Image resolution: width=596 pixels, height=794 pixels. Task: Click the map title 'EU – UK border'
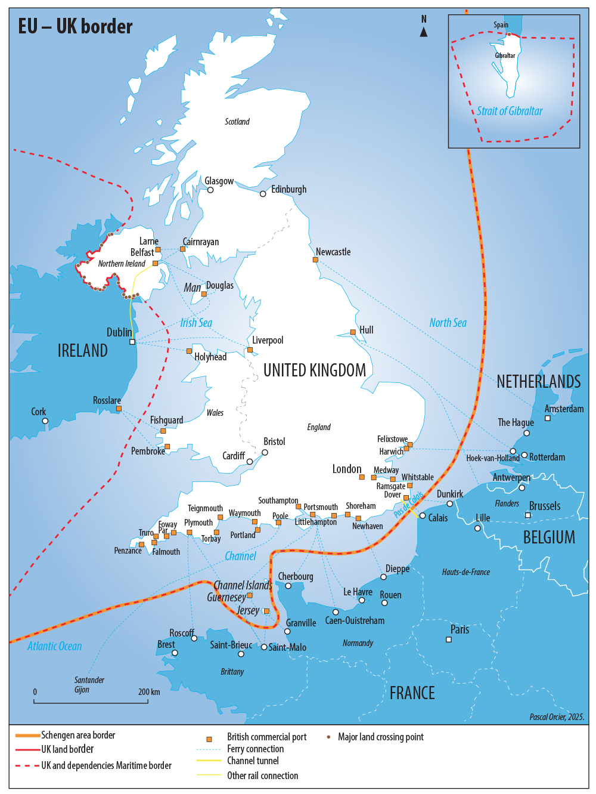click(x=75, y=26)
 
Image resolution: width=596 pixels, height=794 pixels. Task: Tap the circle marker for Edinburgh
click(x=263, y=194)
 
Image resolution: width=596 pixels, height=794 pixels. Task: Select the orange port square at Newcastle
click(x=315, y=259)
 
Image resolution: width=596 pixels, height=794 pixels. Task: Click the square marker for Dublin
click(x=132, y=342)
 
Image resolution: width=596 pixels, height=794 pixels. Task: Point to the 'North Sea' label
click(x=448, y=323)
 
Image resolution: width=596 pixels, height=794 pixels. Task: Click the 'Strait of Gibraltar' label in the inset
click(x=510, y=111)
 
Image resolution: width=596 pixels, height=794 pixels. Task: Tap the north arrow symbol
click(x=424, y=32)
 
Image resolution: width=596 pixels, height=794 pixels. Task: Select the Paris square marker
click(x=449, y=639)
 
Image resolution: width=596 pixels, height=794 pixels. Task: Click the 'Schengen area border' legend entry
click(x=77, y=735)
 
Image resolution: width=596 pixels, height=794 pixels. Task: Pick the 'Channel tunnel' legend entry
click(x=253, y=761)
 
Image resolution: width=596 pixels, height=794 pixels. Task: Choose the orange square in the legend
click(x=209, y=739)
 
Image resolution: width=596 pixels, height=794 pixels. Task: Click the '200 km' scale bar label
click(x=149, y=692)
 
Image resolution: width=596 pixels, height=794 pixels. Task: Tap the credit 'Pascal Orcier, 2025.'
click(x=557, y=717)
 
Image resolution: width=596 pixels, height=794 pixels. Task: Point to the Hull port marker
click(x=353, y=332)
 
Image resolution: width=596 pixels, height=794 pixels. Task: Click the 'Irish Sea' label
click(x=196, y=323)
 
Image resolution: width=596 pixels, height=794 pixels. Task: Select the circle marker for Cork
click(x=45, y=421)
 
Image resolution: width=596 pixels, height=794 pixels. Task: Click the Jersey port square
click(x=266, y=611)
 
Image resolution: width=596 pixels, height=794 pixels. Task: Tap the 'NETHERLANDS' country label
click(x=538, y=381)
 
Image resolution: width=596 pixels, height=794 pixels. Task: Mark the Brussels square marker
click(x=527, y=515)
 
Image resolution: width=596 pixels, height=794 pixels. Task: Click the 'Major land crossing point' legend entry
click(x=380, y=737)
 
